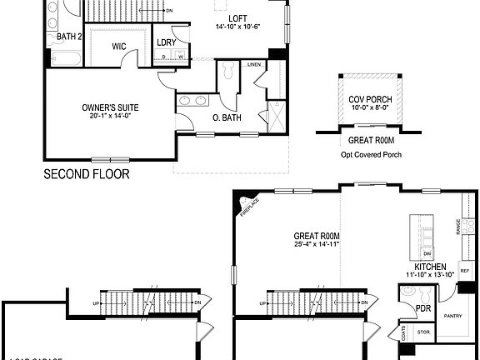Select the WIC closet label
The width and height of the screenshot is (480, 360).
(x=118, y=47)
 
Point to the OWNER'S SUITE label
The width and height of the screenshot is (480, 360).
(x=110, y=107)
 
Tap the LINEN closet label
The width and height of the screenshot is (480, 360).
(x=254, y=64)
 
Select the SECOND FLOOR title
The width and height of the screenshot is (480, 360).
(x=87, y=175)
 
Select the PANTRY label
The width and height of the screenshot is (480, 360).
(x=452, y=316)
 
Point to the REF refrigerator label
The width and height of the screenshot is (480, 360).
(x=463, y=272)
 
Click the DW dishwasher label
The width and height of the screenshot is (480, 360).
(x=427, y=252)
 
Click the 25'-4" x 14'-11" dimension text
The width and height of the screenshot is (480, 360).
(x=317, y=244)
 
